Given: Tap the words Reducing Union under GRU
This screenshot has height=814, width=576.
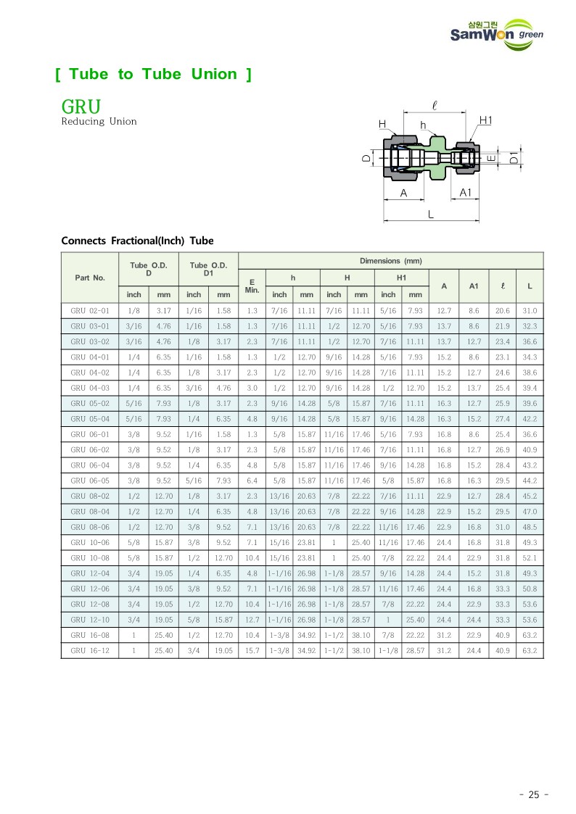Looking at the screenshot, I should (99, 122).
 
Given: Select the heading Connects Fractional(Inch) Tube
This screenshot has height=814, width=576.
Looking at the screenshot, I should (137, 241).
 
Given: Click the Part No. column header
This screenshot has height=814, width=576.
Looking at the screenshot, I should (90, 278).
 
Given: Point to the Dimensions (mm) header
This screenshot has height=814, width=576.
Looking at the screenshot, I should (390, 261).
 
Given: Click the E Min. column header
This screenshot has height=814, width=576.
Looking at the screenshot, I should (252, 286).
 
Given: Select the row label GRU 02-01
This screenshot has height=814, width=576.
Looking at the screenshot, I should (90, 310).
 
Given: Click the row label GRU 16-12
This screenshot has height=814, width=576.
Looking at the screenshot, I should (90, 651).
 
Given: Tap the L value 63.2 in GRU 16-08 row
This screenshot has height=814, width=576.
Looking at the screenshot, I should (530, 636).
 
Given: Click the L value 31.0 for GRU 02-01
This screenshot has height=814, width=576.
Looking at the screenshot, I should (530, 310).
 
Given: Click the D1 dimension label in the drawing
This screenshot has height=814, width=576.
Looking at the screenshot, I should (514, 158).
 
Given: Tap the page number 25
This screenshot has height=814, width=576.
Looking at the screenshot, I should (534, 794).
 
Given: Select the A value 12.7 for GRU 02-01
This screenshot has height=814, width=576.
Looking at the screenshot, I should (444, 310).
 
